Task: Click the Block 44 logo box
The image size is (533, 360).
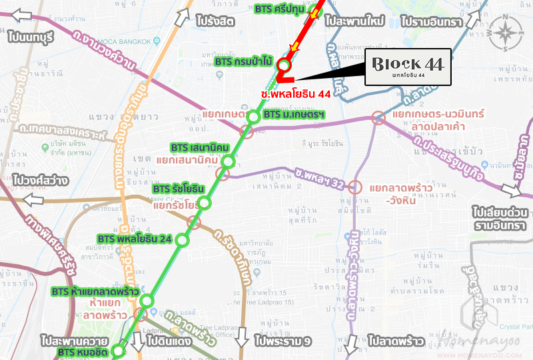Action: click(x=408, y=67)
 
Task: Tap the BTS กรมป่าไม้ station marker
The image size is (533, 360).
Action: click(x=284, y=65)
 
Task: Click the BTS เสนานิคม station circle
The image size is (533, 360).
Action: click(x=229, y=161)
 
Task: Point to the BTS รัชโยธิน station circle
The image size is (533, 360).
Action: click(x=204, y=203)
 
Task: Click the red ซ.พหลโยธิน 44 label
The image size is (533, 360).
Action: click(x=296, y=94)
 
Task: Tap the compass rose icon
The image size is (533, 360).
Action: click(x=504, y=33)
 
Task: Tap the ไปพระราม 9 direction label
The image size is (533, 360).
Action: click(x=283, y=341)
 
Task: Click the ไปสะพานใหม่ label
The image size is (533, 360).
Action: click(x=356, y=22)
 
